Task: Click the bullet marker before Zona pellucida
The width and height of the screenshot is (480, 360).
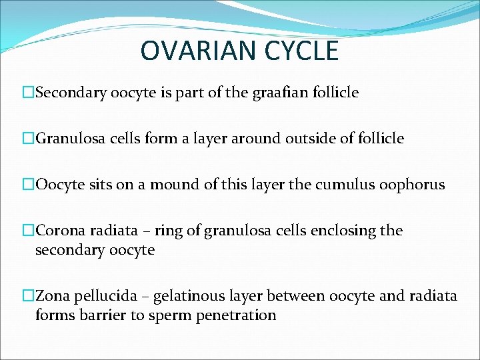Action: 28,295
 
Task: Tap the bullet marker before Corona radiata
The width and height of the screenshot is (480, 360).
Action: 28,231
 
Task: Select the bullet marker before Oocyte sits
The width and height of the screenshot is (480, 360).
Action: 28,185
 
